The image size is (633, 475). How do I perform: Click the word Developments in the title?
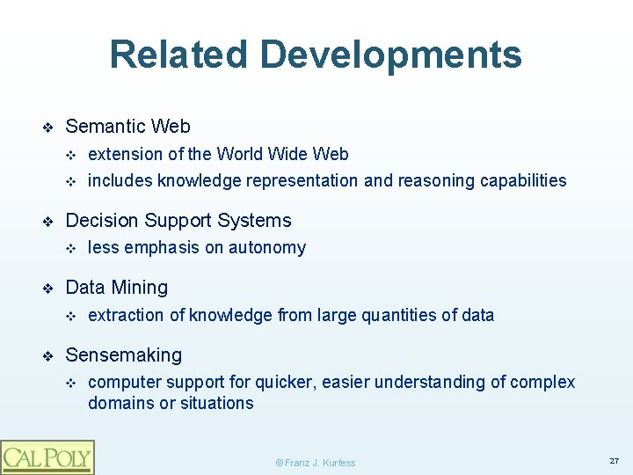click(391, 55)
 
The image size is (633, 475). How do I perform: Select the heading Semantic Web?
click(127, 127)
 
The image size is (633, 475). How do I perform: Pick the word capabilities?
click(522, 181)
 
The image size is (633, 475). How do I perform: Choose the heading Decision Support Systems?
click(178, 221)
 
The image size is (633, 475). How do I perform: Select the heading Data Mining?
click(116, 288)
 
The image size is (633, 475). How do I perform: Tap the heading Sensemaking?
click(124, 355)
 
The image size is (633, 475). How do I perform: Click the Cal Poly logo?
click(47, 457)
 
